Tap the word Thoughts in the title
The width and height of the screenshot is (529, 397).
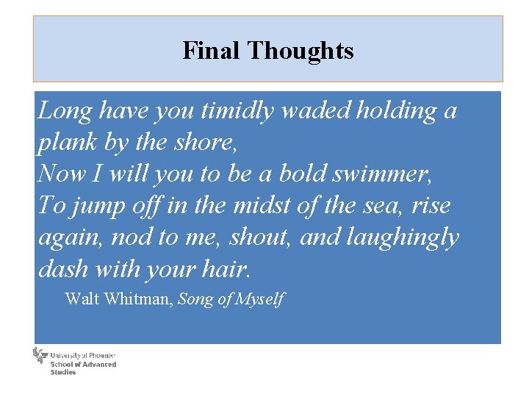tap(301, 51)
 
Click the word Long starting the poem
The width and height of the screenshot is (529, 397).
tap(65, 111)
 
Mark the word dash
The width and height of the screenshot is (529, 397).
tap(62, 269)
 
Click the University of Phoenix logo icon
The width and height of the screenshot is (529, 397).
tap(40, 357)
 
